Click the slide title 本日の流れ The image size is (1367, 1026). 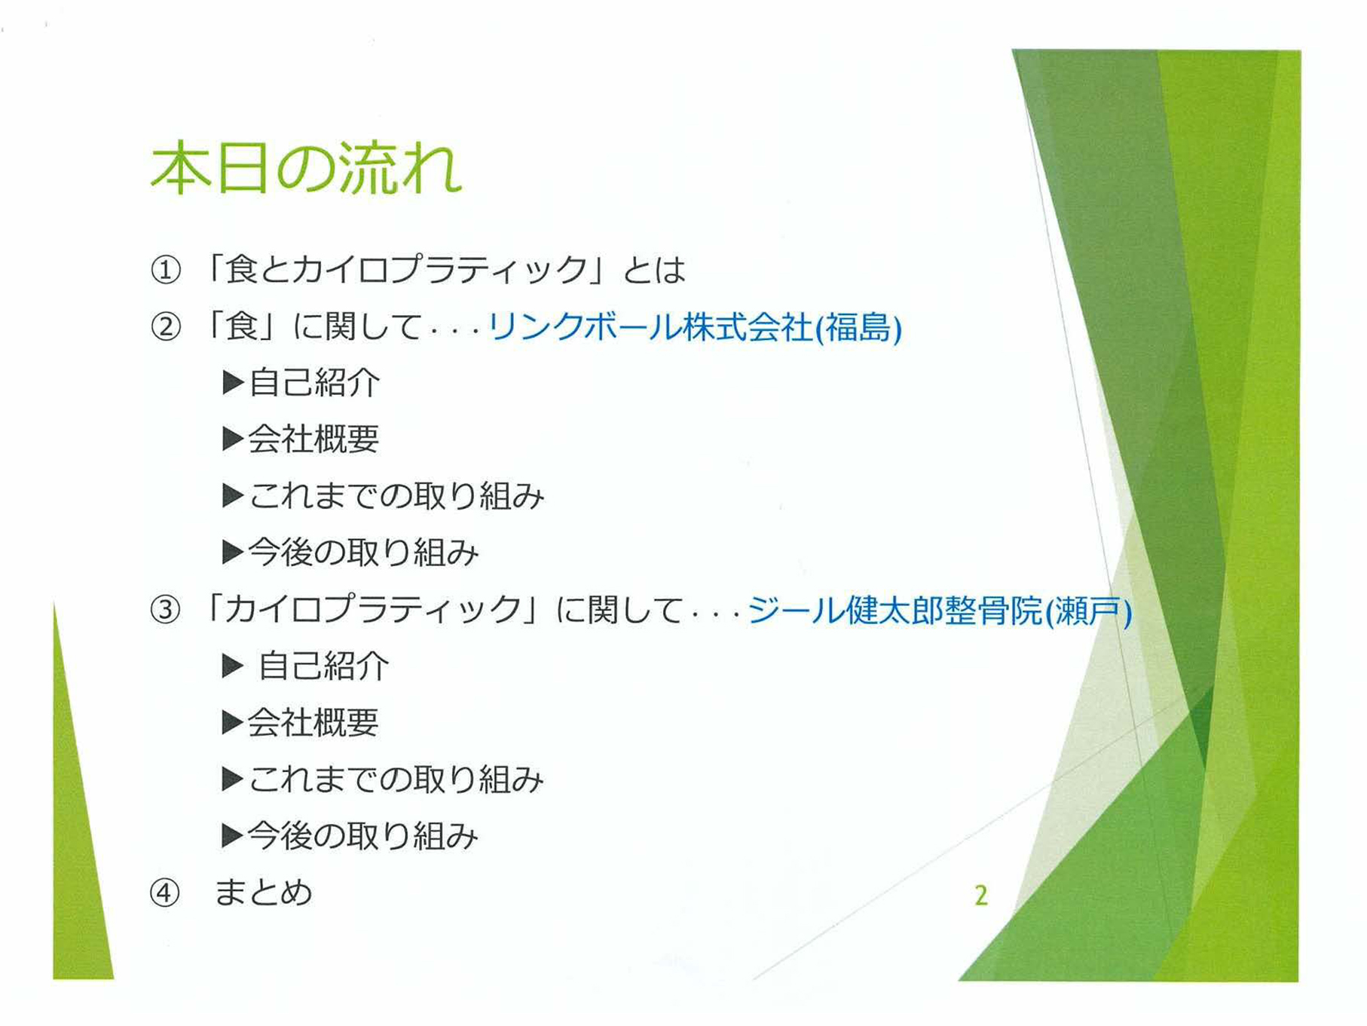(306, 167)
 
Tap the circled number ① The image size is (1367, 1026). (166, 270)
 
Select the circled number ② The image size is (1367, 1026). (166, 327)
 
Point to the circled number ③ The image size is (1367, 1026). (166, 609)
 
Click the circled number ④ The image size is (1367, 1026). (165, 893)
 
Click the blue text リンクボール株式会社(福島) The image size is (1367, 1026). (695, 327)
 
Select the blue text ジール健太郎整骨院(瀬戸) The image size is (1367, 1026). (940, 610)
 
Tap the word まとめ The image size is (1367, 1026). (263, 893)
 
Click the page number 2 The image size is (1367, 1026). (980, 895)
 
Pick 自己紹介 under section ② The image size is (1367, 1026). (314, 383)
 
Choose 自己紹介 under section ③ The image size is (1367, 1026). (323, 666)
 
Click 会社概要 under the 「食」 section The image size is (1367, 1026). (313, 439)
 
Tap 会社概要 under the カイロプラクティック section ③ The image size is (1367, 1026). (313, 722)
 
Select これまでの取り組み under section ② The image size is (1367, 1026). (396, 496)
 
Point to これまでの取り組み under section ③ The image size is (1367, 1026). (396, 779)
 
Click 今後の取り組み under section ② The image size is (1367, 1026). (363, 553)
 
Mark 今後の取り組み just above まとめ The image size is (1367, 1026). (363, 836)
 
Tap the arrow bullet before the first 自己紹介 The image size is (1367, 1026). (233, 383)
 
